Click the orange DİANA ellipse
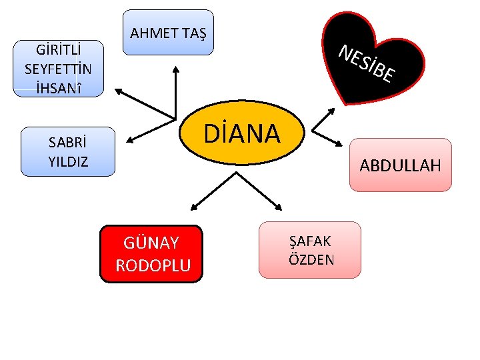(242, 133)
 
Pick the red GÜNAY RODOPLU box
(151, 254)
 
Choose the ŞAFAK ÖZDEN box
(309, 249)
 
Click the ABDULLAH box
(401, 165)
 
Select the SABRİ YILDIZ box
(68, 152)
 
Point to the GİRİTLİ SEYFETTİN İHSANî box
(58, 69)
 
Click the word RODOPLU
(153, 265)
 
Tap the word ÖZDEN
(311, 259)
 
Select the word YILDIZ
(68, 161)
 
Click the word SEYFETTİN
(58, 69)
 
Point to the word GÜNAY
(151, 242)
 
